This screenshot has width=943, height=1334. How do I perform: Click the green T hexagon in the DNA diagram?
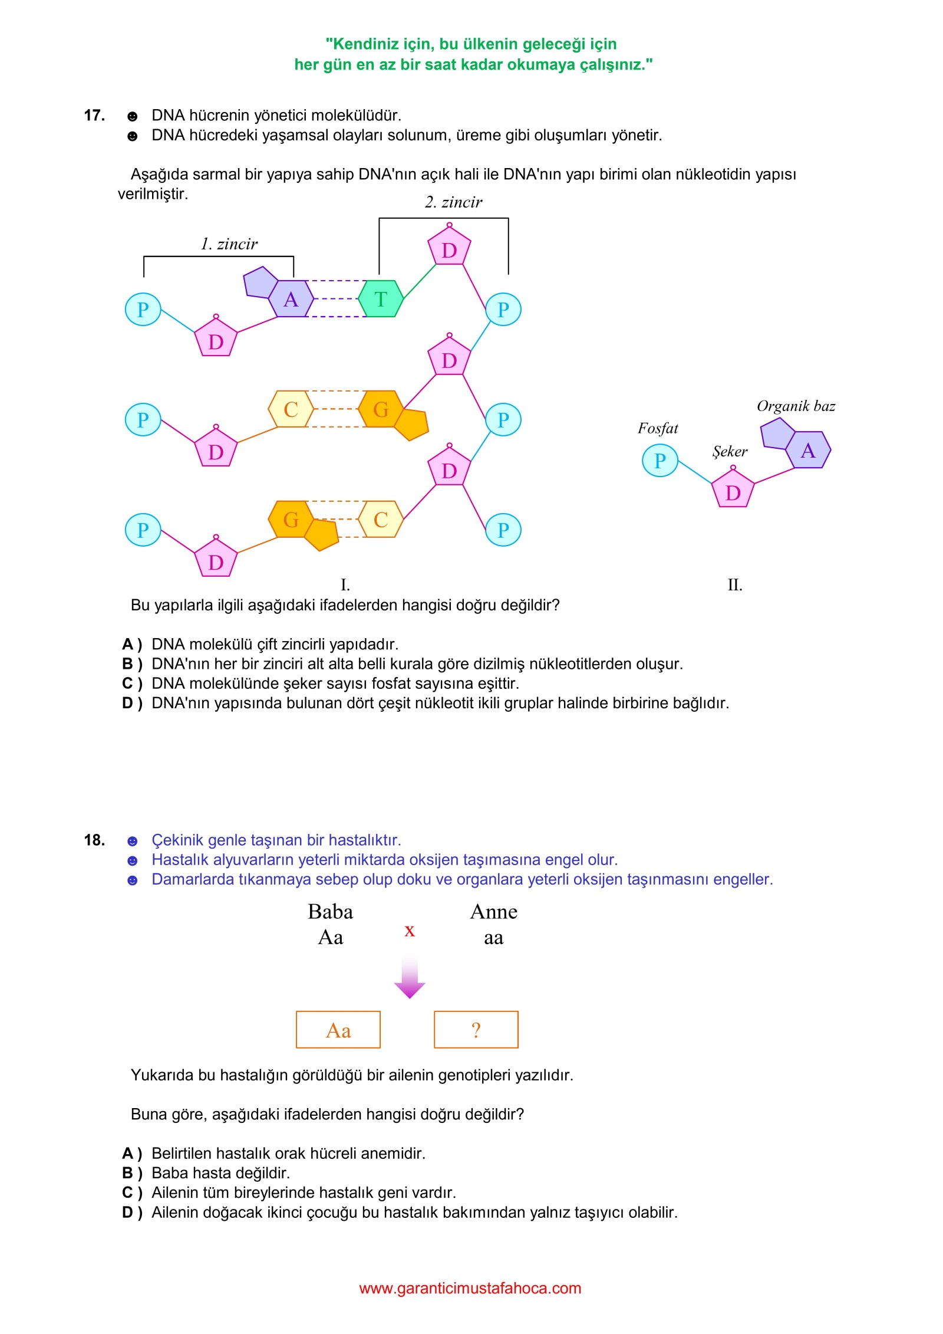(381, 299)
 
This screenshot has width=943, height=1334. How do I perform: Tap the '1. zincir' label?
(229, 244)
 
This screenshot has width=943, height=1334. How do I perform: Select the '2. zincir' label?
(453, 202)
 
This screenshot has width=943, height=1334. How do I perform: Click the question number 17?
(94, 115)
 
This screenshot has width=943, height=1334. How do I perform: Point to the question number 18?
(94, 840)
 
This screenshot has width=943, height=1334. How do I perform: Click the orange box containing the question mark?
(476, 1030)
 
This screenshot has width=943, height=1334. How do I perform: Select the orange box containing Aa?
(338, 1030)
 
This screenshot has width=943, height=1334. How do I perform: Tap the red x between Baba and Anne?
(410, 931)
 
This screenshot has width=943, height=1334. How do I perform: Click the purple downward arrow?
(410, 978)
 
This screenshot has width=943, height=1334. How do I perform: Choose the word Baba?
(330, 912)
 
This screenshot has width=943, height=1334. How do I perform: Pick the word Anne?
(494, 912)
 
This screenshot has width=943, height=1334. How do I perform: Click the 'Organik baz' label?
(796, 406)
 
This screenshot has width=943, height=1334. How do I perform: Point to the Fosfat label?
(658, 428)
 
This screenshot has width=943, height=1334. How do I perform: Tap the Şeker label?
(730, 452)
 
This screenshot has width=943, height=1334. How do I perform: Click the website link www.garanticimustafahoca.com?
(470, 1288)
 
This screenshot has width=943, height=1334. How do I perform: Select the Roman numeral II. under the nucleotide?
(734, 584)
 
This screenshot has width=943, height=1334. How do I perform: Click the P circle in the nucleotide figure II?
(660, 460)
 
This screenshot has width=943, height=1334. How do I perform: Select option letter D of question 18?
(132, 1213)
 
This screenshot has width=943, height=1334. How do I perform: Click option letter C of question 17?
(132, 684)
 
